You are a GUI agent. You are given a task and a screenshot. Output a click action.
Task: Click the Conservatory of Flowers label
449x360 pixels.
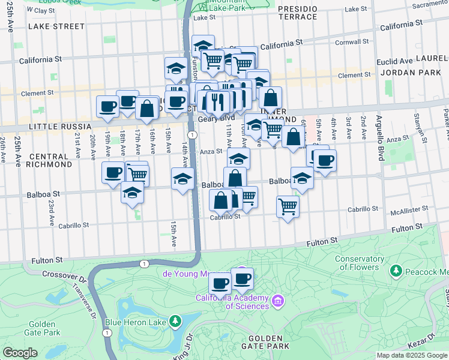pyautogui.click(x=360, y=263)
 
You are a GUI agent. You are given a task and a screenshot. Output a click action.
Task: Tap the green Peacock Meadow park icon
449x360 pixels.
pyautogui.click(x=396, y=271)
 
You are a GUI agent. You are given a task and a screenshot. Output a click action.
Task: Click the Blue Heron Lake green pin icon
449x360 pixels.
pyautogui.click(x=175, y=321)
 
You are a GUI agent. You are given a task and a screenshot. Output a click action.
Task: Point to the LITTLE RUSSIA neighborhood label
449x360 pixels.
pyautogui.click(x=59, y=127)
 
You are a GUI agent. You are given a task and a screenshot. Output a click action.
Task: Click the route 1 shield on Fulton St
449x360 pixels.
pyautogui.click(x=143, y=264)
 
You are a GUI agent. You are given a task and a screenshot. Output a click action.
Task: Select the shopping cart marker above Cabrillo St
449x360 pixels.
pyautogui.click(x=288, y=207)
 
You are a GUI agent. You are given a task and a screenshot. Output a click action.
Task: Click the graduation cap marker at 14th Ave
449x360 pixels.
pyautogui.click(x=182, y=178)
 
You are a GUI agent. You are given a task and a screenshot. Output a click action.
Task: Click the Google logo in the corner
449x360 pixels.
pyautogui.click(x=20, y=353)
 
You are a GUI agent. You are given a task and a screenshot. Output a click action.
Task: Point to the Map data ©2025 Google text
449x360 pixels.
pyautogui.click(x=411, y=355)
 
